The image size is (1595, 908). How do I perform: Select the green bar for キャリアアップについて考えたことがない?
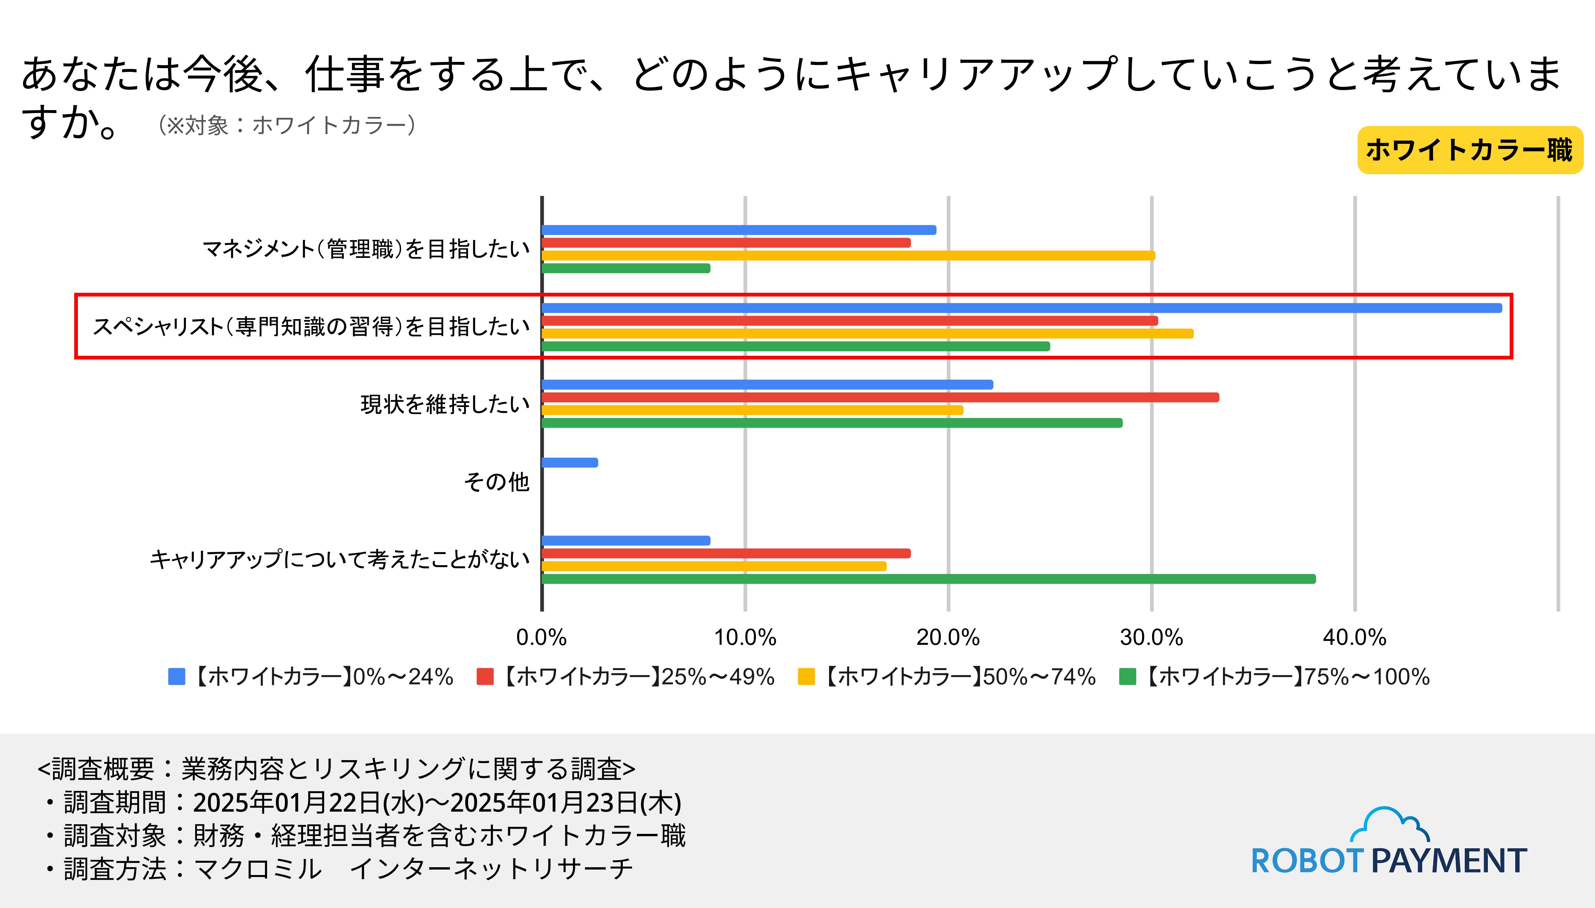pos(928,579)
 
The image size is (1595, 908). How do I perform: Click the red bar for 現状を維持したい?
pos(880,397)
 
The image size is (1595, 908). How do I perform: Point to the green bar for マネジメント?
pos(626,268)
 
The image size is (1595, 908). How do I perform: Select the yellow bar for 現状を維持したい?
pos(752,410)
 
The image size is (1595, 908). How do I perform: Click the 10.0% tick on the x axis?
pos(745,637)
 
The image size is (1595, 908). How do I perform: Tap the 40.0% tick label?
pos(1354,637)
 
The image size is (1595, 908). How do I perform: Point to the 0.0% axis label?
pos(541,637)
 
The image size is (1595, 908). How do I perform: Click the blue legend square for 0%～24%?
pos(177,677)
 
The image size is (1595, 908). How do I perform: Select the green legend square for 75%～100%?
pos(1127,677)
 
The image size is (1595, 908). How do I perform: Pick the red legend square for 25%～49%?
pos(485,677)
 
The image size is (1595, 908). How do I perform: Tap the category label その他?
pos(496,481)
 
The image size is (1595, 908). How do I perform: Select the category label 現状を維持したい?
pos(445,404)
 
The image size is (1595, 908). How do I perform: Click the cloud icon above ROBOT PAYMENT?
pos(1389,825)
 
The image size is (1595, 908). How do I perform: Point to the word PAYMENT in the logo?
pos(1449,861)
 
